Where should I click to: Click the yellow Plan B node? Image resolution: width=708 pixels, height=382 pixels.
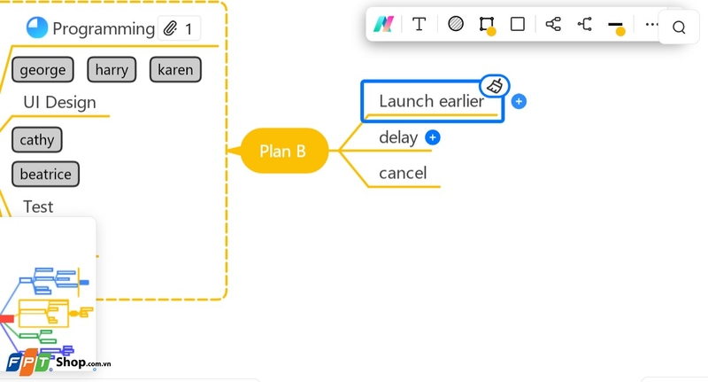[x=283, y=151]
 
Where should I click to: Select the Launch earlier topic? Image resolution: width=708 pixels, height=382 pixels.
[x=431, y=101]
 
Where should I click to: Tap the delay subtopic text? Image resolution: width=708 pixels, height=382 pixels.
[x=397, y=137]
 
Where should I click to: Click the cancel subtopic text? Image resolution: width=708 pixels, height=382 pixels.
[x=403, y=173]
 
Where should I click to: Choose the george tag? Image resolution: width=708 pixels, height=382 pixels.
[x=43, y=70]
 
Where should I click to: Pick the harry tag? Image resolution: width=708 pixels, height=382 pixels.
[x=112, y=70]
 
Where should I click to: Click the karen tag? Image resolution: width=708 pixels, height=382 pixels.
[x=175, y=70]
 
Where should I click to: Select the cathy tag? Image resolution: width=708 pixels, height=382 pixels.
[x=37, y=139]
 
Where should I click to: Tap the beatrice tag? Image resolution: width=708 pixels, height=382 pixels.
[x=45, y=174]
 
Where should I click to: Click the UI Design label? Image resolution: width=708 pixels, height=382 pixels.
[x=59, y=102]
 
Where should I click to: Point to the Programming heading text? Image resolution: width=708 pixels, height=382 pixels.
[x=104, y=28]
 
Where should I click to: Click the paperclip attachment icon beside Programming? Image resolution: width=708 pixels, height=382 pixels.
[x=171, y=28]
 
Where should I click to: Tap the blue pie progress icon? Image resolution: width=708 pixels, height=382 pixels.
[x=37, y=28]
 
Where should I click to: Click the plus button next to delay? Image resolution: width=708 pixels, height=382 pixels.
[x=433, y=137]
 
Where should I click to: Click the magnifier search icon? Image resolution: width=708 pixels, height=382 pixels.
[x=679, y=27]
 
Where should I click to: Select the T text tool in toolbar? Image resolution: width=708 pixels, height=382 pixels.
[x=419, y=24]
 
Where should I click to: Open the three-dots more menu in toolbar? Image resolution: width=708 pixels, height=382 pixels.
[x=652, y=24]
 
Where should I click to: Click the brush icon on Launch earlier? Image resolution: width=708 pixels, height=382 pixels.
[x=496, y=86]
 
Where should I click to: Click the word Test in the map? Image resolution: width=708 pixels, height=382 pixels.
[x=38, y=207]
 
